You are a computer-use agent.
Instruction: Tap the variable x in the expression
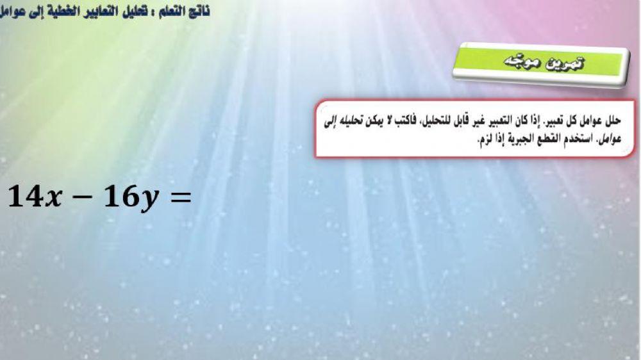(x=54, y=199)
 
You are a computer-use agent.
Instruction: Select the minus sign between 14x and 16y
(x=84, y=198)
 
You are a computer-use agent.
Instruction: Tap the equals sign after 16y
(x=179, y=198)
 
